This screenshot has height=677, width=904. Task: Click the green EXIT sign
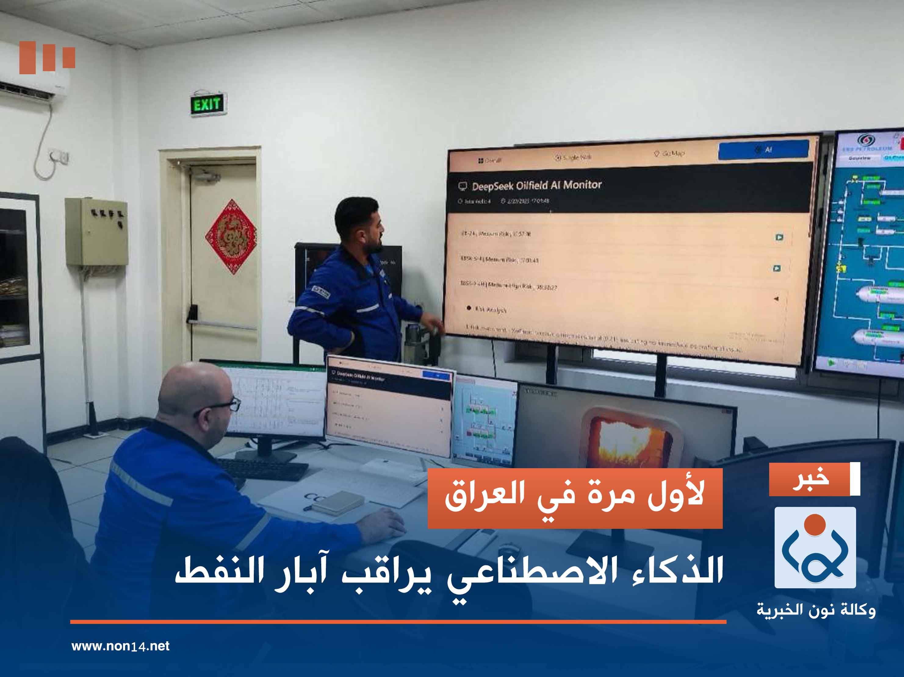[207, 105]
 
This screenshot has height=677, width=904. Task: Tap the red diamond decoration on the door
[231, 237]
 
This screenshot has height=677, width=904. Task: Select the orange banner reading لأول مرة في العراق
[575, 498]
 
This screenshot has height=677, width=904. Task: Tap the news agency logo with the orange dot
[815, 547]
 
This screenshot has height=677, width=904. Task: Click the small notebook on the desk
[337, 503]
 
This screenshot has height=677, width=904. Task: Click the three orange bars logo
[47, 57]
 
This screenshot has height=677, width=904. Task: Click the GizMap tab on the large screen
[669, 154]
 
